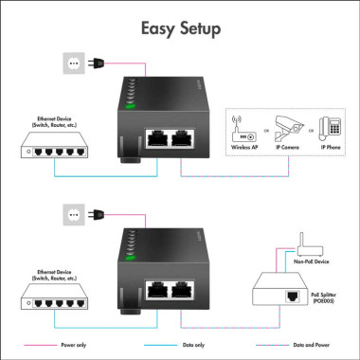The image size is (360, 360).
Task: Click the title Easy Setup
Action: click(180, 28)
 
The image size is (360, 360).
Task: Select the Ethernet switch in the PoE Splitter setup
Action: click(56, 299)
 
